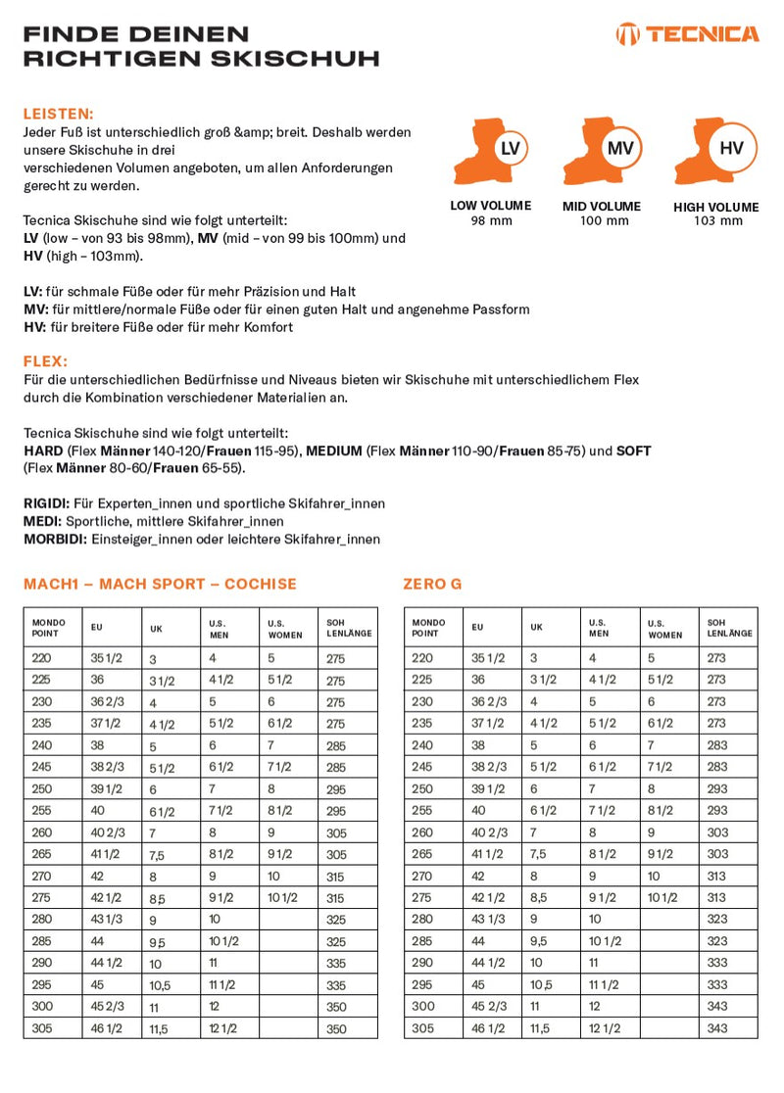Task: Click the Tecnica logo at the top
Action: pos(687,34)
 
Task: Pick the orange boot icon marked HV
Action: pos(714,152)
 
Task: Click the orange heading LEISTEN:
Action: pos(58,114)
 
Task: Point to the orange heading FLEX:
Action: pos(45,361)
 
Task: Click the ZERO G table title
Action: pos(432,584)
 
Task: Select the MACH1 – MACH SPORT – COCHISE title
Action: pos(160,584)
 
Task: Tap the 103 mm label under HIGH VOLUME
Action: pos(715,220)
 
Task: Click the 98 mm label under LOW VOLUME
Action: pos(491,219)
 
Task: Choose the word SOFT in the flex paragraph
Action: pos(633,451)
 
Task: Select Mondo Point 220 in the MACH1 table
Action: pos(43,659)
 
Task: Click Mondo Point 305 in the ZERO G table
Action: pos(423,1028)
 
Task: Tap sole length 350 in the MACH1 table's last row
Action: pos(336,1029)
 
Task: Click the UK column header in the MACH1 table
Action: pos(157,629)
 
